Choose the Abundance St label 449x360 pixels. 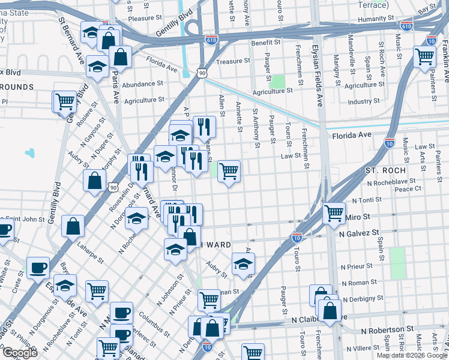[x=142, y=84]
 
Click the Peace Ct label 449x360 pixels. [x=408, y=188]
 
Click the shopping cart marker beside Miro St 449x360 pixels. [x=334, y=213]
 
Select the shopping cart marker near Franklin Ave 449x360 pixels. [x=424, y=57]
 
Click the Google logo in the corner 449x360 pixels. [x=20, y=353]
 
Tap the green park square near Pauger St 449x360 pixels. [x=277, y=81]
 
